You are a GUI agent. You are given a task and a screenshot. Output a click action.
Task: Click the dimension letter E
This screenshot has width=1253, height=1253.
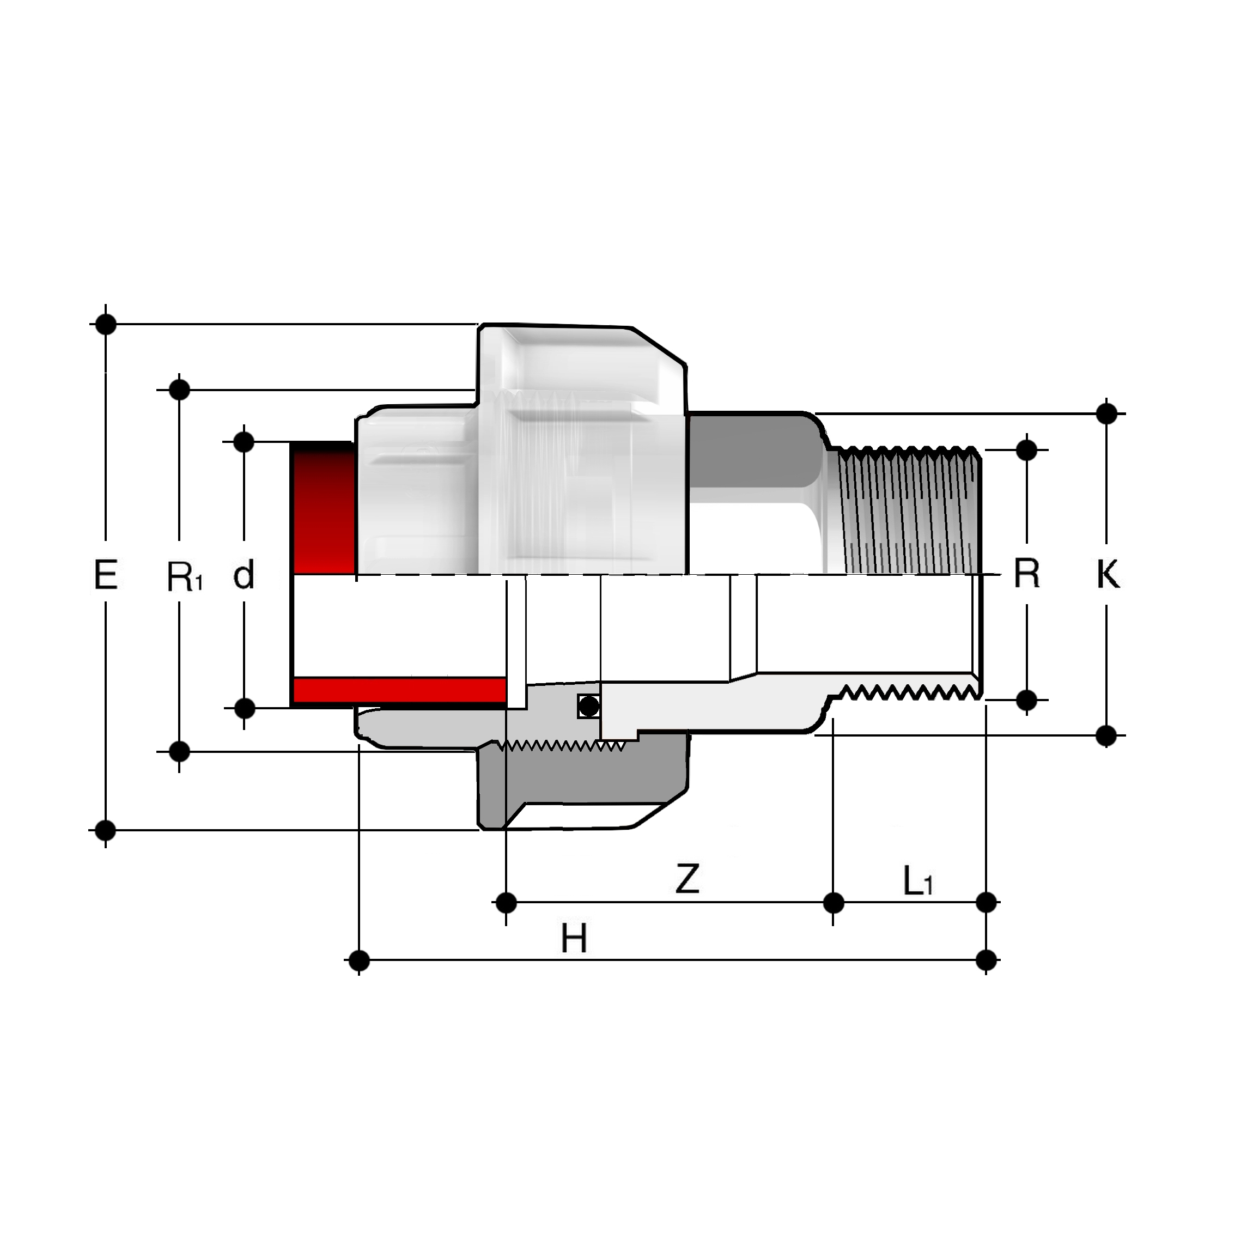pos(105,575)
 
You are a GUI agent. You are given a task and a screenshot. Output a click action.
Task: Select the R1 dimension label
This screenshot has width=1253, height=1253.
pos(185,576)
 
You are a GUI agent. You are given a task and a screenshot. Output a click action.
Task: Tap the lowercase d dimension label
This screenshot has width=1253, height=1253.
pos(244,575)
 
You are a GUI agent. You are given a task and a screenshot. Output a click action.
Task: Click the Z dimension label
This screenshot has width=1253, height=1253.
pos(687,879)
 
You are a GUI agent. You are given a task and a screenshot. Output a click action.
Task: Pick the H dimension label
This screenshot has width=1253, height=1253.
pos(574,939)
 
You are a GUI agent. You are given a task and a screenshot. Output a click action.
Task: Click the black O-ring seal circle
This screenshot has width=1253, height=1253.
pos(588,705)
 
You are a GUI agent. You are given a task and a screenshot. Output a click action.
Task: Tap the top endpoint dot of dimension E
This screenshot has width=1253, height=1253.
pos(106,324)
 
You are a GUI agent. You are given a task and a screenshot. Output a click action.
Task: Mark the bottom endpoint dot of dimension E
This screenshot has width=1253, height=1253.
pos(105,830)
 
